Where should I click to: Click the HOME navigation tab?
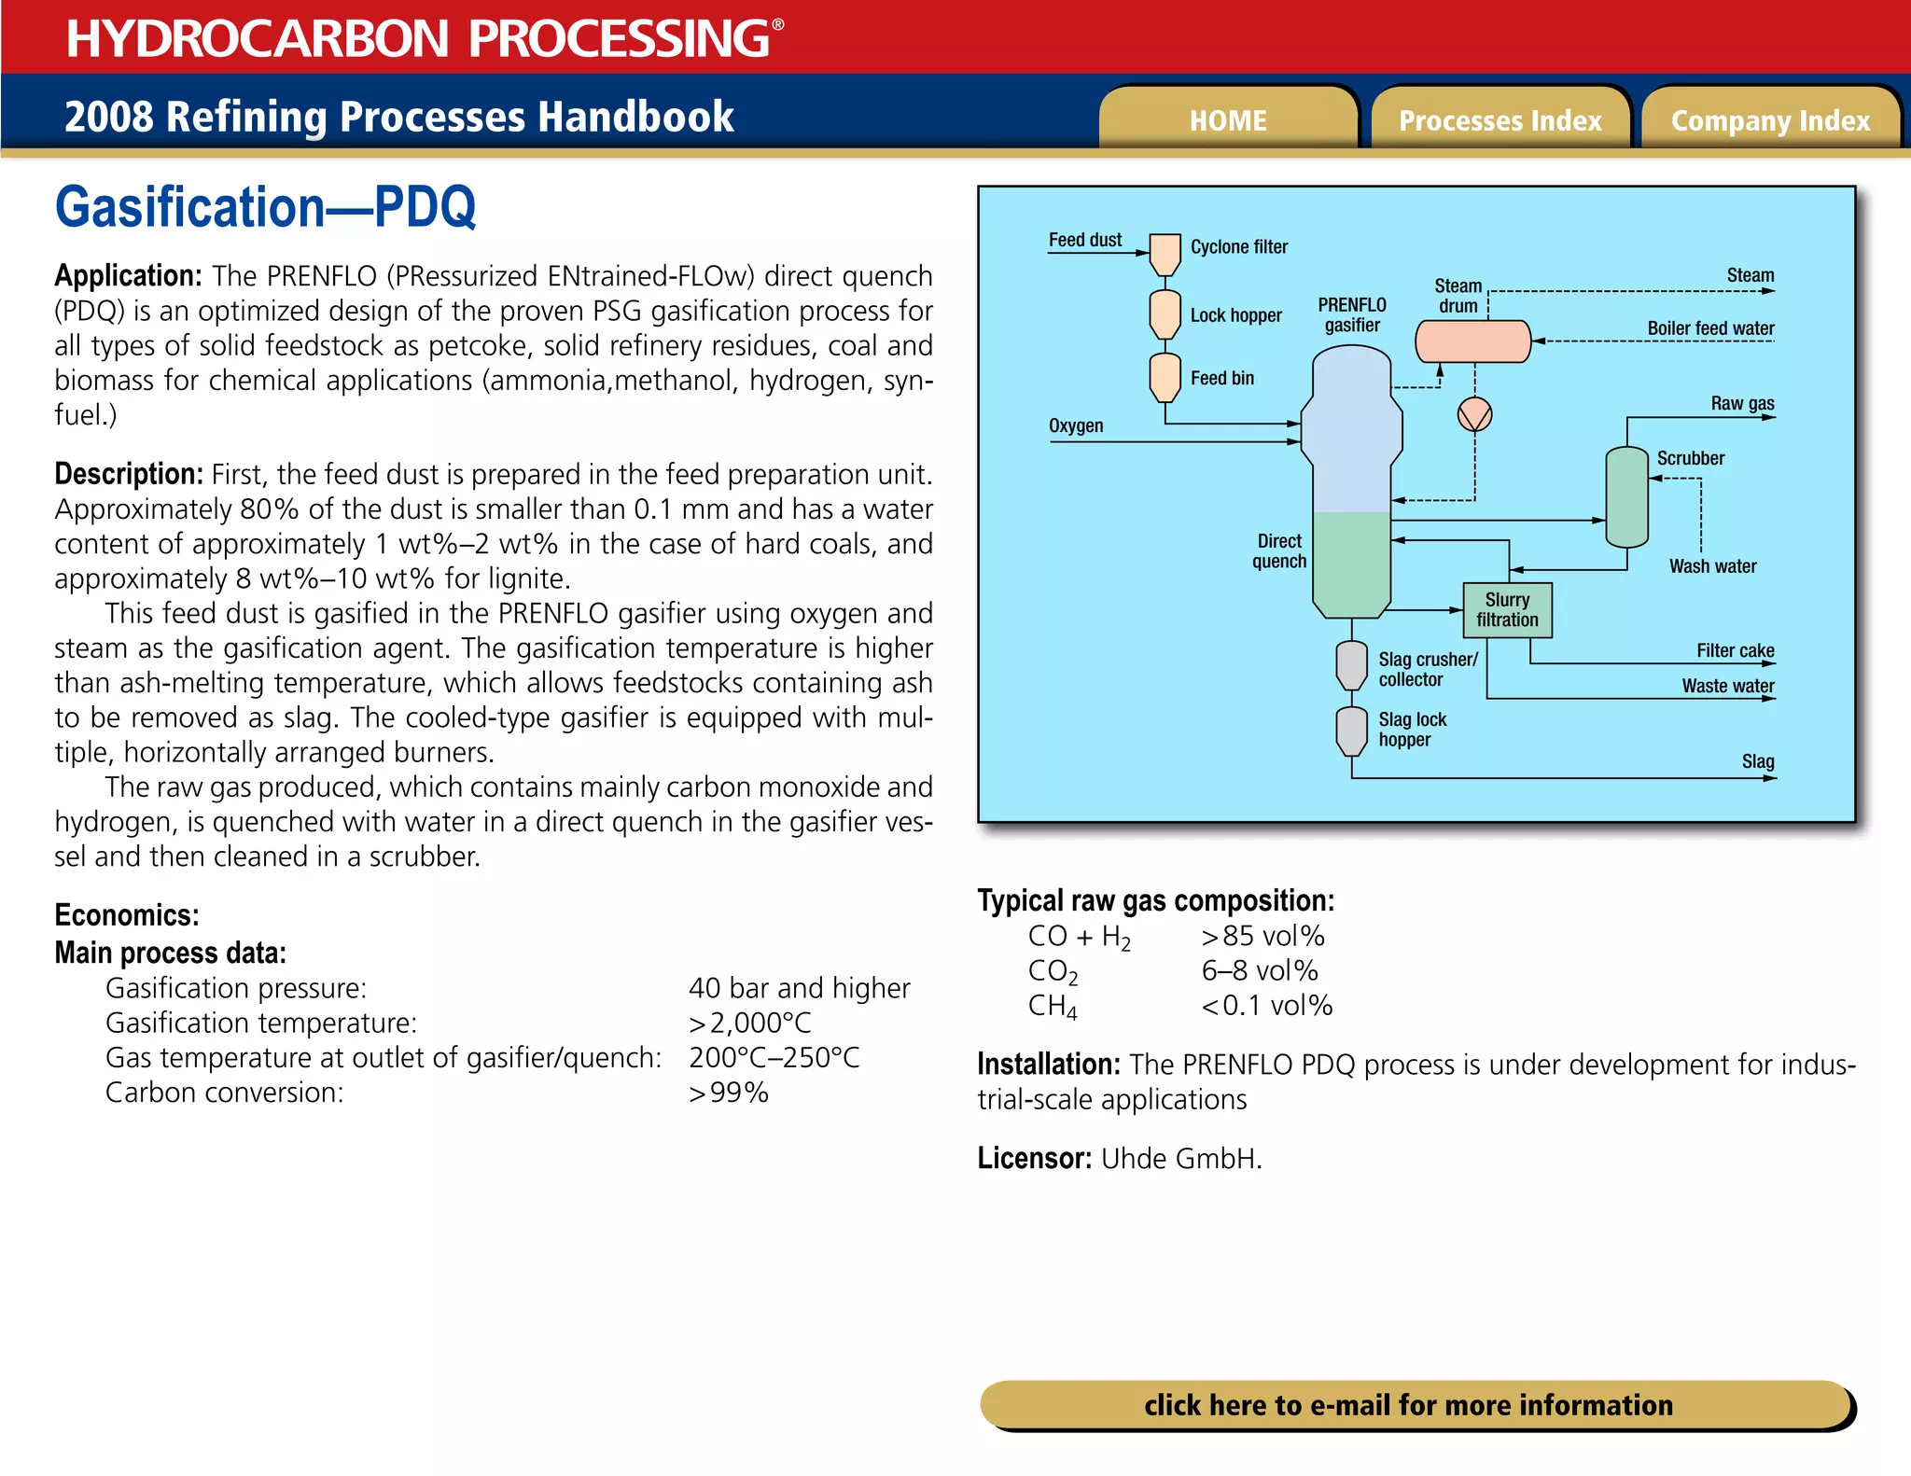coord(1227,120)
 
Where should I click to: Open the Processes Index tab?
coord(1500,120)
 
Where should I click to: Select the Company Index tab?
coord(1770,120)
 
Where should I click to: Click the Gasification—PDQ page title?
coord(266,207)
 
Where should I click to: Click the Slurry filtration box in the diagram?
coord(1507,610)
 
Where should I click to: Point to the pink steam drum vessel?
coord(1472,341)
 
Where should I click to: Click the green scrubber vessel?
coord(1626,497)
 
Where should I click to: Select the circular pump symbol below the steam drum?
coord(1474,414)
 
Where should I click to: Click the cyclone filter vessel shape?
coord(1165,253)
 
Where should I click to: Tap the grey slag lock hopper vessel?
coord(1351,730)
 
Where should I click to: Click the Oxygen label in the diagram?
coord(1075,426)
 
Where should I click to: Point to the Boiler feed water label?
coord(1710,328)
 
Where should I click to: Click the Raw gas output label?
coord(1742,403)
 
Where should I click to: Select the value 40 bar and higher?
coord(799,988)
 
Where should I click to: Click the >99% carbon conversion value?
coord(728,1093)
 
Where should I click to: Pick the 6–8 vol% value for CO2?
coord(1259,971)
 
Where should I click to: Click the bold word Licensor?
coord(1034,1159)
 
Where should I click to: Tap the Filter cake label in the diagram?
coord(1735,650)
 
